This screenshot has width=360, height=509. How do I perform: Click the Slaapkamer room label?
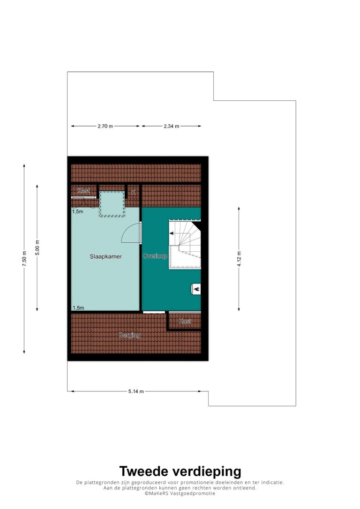click(106, 256)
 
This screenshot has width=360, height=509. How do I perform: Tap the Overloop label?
click(155, 256)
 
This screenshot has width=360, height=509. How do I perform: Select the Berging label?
click(129, 335)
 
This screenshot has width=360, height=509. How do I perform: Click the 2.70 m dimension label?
click(105, 126)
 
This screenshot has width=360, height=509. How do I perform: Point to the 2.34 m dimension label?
click(172, 126)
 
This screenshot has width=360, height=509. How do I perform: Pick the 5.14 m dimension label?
click(136, 391)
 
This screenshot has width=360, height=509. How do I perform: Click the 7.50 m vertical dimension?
click(24, 259)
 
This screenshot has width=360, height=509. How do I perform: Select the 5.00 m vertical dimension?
click(37, 247)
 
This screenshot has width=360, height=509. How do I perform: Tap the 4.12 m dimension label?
click(239, 259)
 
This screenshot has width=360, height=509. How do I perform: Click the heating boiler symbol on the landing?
click(196, 289)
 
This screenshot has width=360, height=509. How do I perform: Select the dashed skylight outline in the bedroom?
click(112, 204)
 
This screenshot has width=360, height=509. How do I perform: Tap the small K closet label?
click(134, 193)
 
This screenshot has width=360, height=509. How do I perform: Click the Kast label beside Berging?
click(185, 321)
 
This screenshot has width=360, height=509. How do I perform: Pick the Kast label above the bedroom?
click(84, 191)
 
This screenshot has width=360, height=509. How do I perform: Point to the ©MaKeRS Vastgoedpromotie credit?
click(180, 494)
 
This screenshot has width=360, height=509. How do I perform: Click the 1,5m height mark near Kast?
click(78, 211)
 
